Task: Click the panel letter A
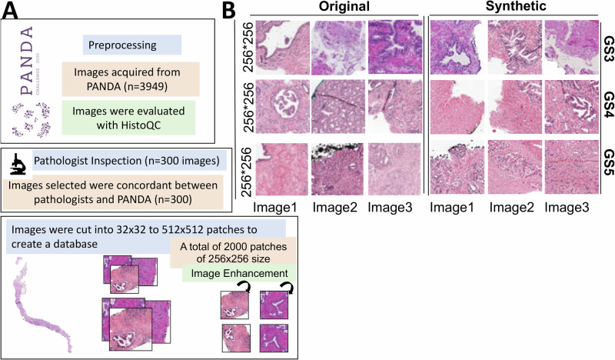[x=13, y=11]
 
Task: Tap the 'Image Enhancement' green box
[x=229, y=274]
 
